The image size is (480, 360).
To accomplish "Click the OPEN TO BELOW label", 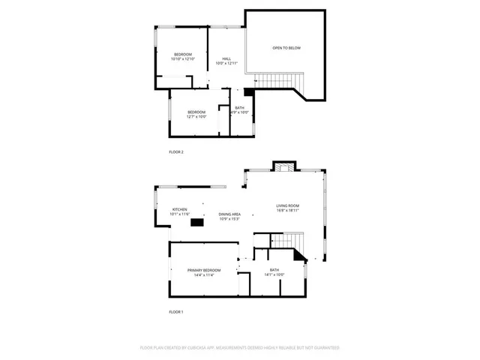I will pos(286,48).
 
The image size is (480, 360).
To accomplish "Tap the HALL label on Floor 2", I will pos(226,58).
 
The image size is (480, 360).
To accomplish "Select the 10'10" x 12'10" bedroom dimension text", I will pos(183,59).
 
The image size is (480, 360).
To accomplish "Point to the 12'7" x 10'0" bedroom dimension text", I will pos(196,117).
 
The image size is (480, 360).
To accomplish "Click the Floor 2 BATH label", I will pos(239,108).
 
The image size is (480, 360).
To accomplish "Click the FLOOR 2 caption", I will pos(176,151).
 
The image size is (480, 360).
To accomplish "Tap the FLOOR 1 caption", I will pos(176,311).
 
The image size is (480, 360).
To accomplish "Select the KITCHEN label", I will pos(180,209).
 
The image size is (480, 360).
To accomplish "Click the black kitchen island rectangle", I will pos(197,221).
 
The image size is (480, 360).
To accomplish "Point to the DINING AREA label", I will pos(229,214).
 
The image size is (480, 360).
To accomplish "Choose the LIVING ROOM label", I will pos(287,205).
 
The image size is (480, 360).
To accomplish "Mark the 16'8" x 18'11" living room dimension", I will pos(287,211).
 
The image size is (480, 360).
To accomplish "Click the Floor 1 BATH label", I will pos(274,270).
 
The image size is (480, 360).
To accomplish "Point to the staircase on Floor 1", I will pos(286,240).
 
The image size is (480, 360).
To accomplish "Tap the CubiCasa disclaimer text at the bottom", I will pos(240,348).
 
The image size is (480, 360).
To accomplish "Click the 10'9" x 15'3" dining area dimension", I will pos(229,219).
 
